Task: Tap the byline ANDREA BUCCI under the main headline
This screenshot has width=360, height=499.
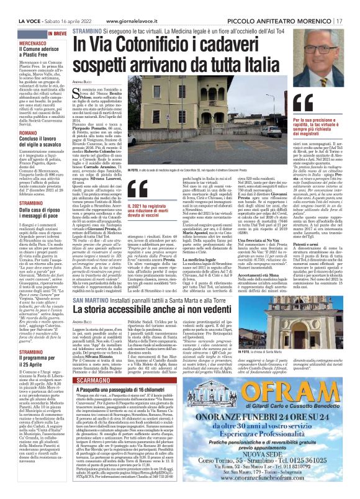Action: tap(83, 82)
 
